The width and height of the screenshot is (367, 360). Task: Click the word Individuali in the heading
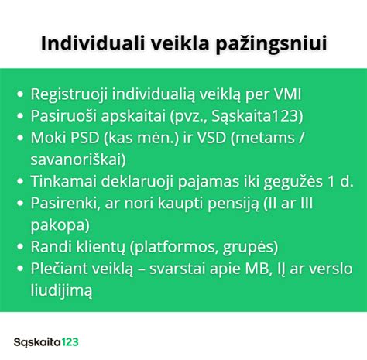coord(93,43)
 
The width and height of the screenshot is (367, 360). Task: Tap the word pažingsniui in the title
coord(272,45)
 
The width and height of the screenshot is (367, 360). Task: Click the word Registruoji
coord(69,95)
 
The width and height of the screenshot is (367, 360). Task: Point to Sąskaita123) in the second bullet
coord(257,116)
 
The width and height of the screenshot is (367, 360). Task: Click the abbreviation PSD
coord(85,138)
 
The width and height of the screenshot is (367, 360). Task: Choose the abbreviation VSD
coord(211,138)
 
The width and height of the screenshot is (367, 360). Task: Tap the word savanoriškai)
coord(78,159)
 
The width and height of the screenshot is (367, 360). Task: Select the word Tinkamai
coord(63,181)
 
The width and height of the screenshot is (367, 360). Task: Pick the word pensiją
coord(233,204)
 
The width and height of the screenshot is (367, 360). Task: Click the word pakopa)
coord(60,226)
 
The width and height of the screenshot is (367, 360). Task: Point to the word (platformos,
coord(174,248)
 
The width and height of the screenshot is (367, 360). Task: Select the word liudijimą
coord(61,291)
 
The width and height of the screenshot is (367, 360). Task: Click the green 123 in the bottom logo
coord(70,342)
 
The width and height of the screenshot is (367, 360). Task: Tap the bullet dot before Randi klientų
coord(20,247)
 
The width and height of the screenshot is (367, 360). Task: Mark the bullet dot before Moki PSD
coord(20,138)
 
